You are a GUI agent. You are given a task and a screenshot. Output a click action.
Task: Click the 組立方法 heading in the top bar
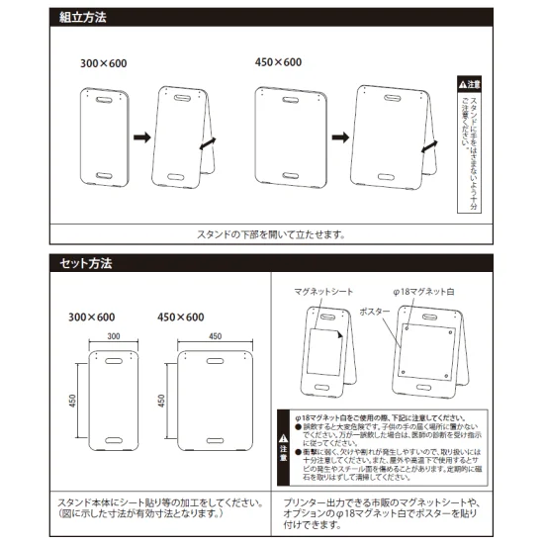point(83,18)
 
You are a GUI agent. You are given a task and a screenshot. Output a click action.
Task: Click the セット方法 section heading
point(86,264)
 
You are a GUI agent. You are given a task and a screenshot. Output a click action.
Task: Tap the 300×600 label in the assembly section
point(104,63)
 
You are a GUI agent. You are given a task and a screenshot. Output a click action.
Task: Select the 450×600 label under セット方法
point(180,317)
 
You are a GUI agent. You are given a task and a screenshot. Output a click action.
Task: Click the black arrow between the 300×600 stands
point(139,137)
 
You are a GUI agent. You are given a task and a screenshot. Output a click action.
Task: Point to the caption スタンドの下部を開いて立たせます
point(271,235)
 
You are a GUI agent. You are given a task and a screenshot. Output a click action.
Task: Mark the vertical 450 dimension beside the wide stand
point(162,401)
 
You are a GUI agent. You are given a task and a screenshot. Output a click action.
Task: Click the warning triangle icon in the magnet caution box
point(284,437)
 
